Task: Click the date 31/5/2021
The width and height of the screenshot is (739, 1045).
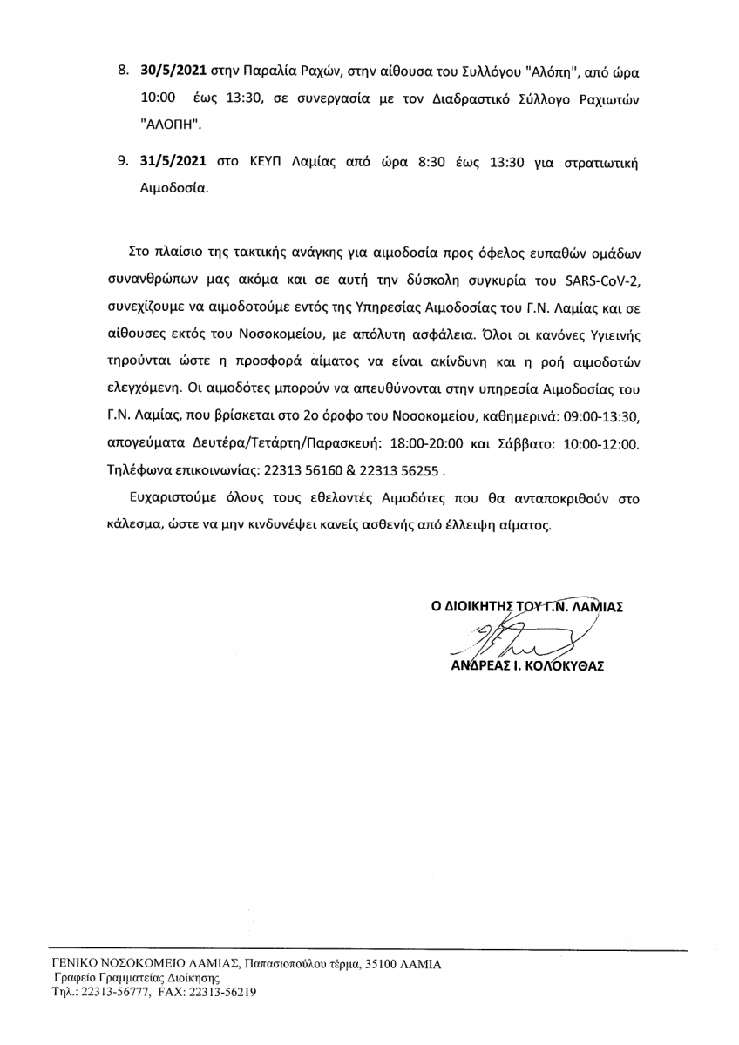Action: pyautogui.click(x=172, y=163)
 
